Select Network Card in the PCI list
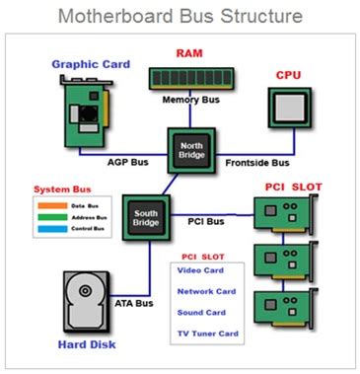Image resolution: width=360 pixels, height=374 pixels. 205,291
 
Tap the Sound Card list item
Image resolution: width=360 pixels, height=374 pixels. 201,311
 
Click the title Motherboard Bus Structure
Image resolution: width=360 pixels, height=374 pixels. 180,18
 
